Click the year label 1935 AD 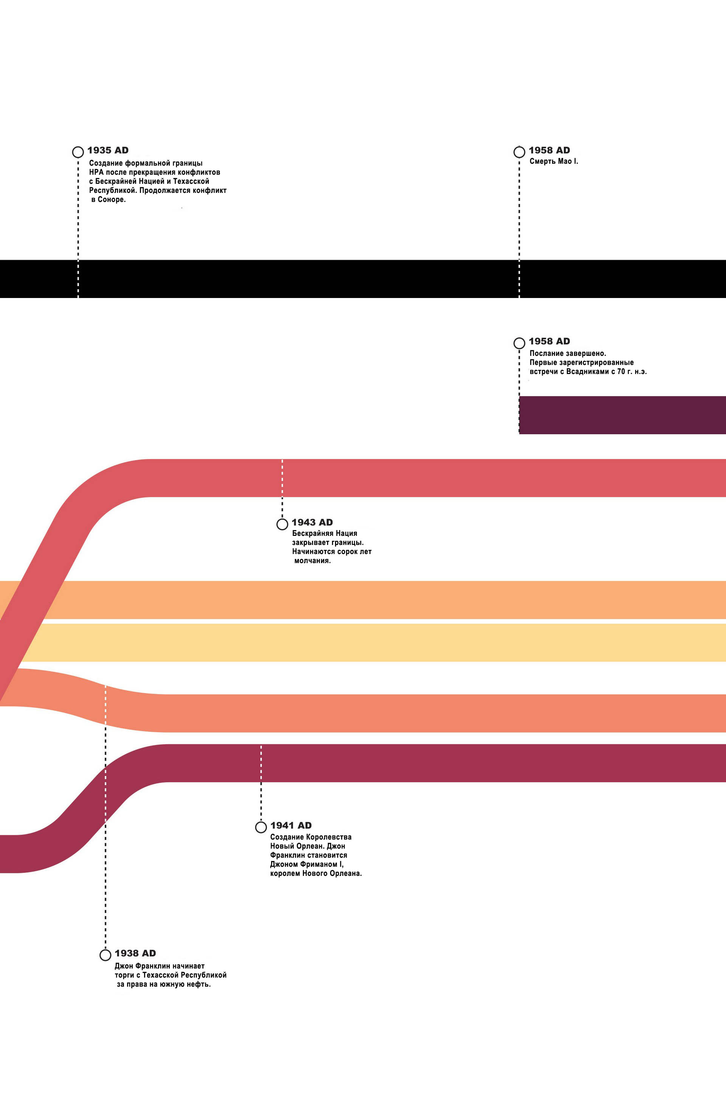click(108, 151)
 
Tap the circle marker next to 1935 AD click(78, 152)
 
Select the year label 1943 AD click(312, 522)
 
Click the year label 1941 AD click(291, 825)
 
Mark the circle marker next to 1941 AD click(261, 827)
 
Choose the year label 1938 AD click(135, 953)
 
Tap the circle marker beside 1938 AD click(105, 955)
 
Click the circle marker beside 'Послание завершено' click(519, 343)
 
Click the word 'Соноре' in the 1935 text click(112, 199)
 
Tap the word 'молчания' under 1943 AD click(312, 561)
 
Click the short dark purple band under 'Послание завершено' click(622, 415)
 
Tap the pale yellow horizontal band click(371, 643)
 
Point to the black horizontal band click(363, 279)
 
